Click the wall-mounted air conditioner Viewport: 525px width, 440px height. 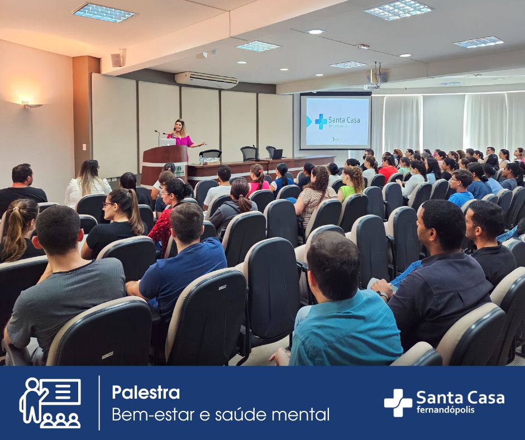pos(206,80)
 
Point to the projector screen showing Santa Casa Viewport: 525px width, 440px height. pos(336,122)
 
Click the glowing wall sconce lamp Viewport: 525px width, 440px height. pos(31,104)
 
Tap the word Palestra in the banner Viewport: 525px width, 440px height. pos(146,393)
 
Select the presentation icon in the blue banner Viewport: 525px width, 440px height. pos(50,403)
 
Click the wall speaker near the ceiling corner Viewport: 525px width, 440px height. pos(117,60)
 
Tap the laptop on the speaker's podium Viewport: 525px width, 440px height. pos(167,142)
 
